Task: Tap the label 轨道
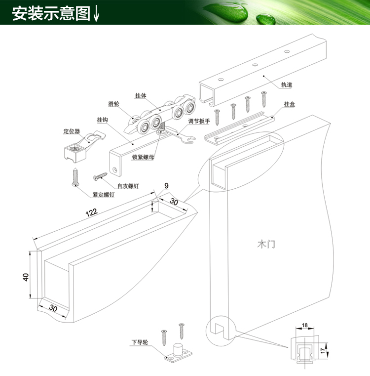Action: (x=287, y=84)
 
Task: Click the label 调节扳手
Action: (x=199, y=121)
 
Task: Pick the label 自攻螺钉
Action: (x=128, y=186)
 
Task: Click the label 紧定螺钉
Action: (x=104, y=195)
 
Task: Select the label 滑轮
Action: (x=114, y=104)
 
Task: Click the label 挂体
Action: (x=141, y=95)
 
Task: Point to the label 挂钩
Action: (x=103, y=120)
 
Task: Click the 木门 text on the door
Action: (x=266, y=244)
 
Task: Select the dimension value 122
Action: (x=91, y=212)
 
